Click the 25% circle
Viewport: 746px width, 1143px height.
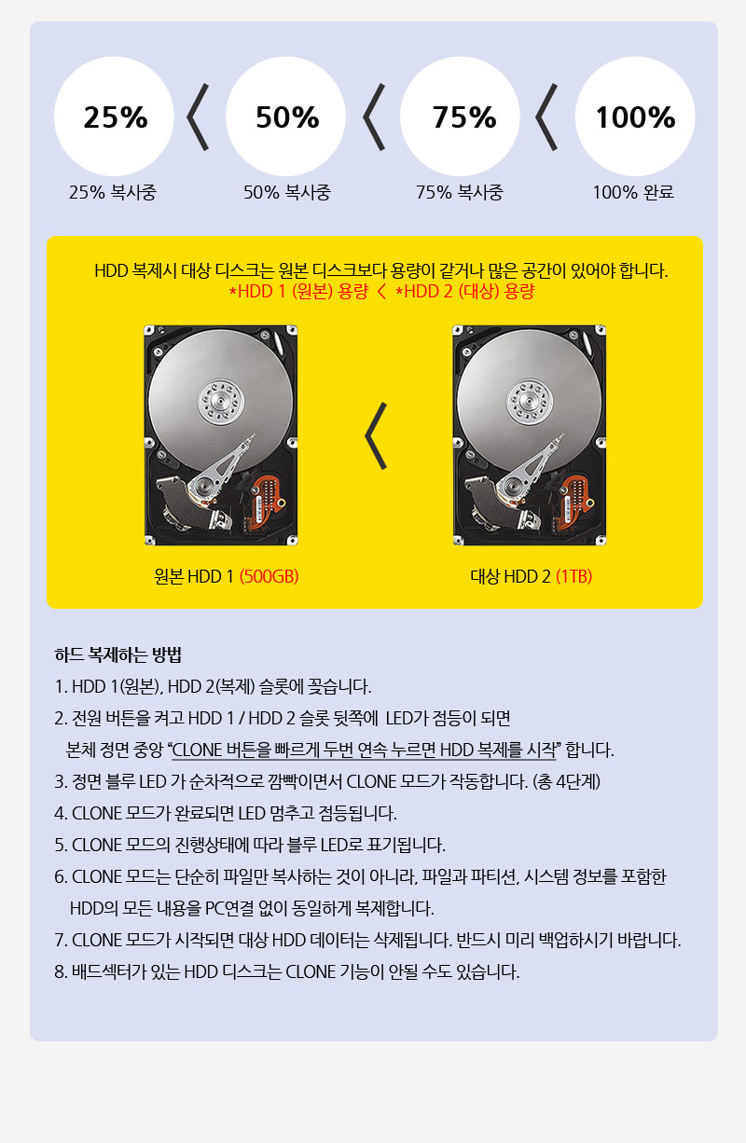114,117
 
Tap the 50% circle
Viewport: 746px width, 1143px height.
285,117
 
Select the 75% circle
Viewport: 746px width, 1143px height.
460,117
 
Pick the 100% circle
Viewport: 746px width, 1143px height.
635,117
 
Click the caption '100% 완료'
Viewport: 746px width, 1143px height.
633,192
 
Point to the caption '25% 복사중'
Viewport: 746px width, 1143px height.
113,192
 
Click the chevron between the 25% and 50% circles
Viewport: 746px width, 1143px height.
198,117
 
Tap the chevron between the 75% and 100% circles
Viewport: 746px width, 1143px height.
546,117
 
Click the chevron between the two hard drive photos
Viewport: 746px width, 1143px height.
376,435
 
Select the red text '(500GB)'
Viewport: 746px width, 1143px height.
269,576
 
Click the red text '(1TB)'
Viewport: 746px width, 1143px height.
574,576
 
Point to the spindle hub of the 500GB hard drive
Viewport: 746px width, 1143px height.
220,401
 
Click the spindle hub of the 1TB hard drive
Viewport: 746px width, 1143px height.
529,401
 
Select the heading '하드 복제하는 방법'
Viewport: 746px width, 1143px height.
118,654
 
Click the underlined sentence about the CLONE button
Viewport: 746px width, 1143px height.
364,751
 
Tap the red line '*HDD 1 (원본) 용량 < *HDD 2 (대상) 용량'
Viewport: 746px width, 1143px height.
381,292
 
